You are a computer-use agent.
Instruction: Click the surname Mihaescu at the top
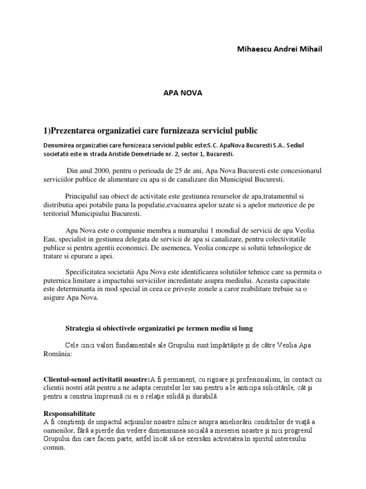pyautogui.click(x=254, y=49)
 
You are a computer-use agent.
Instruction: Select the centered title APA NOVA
pyautogui.click(x=183, y=93)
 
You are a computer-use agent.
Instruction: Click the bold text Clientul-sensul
pyautogui.click(x=68, y=379)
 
